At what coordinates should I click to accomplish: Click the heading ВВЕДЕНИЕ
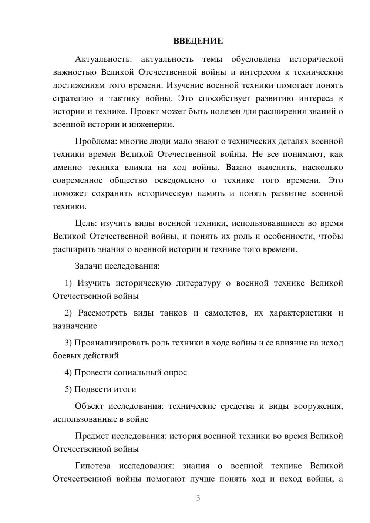point(198,41)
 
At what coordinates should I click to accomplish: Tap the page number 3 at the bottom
point(198,498)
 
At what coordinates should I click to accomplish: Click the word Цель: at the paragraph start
point(86,223)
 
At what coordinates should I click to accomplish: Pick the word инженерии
point(152,125)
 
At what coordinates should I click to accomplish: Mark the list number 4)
point(68,372)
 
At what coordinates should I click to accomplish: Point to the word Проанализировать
point(111,343)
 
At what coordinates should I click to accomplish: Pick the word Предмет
point(92,436)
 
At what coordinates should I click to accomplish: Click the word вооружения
point(318,406)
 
